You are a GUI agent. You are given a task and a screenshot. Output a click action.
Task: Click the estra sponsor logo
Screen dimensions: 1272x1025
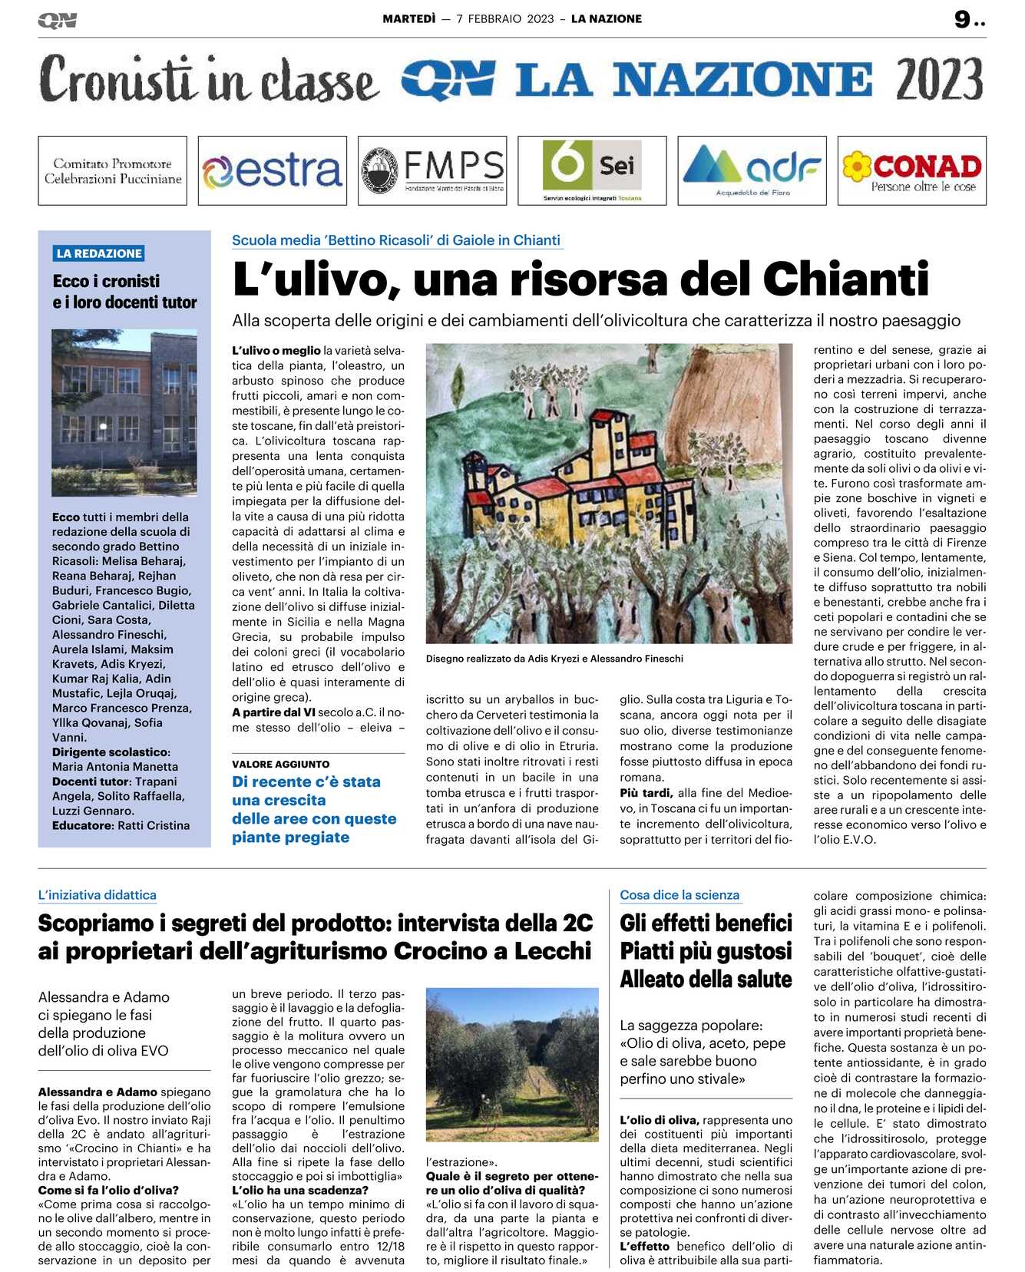[272, 170]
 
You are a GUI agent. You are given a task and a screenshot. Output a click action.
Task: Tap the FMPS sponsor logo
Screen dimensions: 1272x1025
[432, 170]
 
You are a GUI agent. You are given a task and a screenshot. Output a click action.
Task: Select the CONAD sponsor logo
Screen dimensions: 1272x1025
[911, 170]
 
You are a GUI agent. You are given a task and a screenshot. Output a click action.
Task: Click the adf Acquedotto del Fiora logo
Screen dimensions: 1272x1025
[752, 170]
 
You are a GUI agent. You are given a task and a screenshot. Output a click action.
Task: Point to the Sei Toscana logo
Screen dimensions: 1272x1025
[592, 170]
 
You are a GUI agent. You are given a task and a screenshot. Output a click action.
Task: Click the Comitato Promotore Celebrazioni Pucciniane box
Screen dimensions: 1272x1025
[112, 170]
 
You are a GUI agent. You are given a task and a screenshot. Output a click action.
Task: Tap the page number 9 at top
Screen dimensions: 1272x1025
[962, 20]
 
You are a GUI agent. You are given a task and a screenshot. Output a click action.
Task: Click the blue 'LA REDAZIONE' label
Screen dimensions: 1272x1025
[99, 253]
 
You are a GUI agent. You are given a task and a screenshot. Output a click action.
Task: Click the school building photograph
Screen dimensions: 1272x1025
[124, 412]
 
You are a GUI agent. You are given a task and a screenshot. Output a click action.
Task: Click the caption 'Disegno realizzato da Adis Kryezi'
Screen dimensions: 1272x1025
[554, 659]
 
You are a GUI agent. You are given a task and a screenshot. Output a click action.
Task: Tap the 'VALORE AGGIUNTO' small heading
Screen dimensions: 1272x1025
[281, 764]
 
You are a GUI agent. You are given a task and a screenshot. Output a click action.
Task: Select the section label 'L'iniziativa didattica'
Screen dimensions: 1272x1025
[98, 895]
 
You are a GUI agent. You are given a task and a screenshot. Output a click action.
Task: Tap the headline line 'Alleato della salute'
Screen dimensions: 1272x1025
[706, 980]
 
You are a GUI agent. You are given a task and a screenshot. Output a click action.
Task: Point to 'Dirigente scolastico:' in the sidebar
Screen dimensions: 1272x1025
[111, 752]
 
